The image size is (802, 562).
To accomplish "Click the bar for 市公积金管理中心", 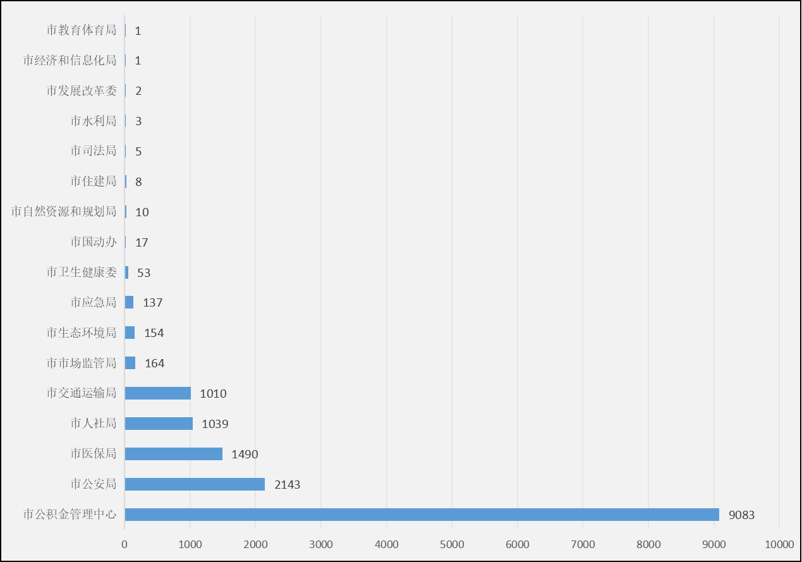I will (x=422, y=515).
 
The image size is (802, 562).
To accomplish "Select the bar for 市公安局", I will (x=195, y=484).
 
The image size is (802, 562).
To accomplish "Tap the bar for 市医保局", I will (x=173, y=454).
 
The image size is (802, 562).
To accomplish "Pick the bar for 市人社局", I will (x=159, y=424).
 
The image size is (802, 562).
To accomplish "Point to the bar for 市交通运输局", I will (x=157, y=393).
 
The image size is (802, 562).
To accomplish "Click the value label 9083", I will (x=741, y=515).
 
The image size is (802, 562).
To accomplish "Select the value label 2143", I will (x=287, y=485).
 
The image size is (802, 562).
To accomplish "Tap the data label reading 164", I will (x=154, y=363).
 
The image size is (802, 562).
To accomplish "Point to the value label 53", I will (x=143, y=272).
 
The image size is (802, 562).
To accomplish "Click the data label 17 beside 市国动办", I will (x=142, y=242).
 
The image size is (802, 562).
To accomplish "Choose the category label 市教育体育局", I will (x=82, y=30).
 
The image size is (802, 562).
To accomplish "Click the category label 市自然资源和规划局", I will (x=64, y=212).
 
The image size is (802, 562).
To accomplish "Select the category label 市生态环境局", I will (x=82, y=333).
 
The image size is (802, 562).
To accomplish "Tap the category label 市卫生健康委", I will (x=82, y=272).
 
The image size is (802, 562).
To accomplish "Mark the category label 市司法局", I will (x=94, y=151).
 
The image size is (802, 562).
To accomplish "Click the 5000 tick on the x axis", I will (x=452, y=544).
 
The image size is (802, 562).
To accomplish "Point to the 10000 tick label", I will (x=779, y=544).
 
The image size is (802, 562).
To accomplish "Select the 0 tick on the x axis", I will (x=125, y=544).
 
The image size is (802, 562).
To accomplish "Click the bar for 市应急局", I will (x=129, y=302).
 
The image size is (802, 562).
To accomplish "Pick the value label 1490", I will (x=245, y=455).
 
